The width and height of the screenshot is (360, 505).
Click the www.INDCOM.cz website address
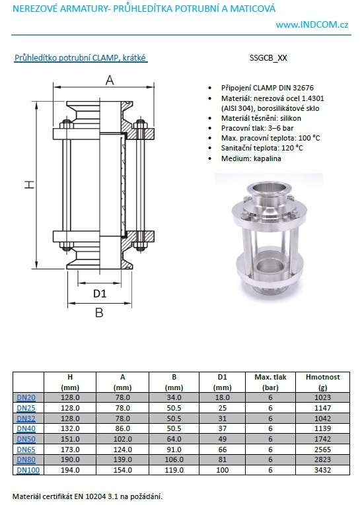(312, 25)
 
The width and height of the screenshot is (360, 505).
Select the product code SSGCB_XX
(268, 58)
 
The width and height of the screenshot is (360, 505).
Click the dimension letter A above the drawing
(110, 80)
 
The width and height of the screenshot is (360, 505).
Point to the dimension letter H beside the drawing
(29, 184)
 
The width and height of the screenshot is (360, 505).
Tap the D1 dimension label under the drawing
(100, 293)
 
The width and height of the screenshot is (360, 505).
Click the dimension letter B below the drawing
(99, 312)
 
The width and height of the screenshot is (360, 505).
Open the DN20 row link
(26, 397)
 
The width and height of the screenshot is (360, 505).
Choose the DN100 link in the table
(28, 470)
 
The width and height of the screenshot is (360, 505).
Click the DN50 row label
(26, 439)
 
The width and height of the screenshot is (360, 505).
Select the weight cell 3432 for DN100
(322, 470)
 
